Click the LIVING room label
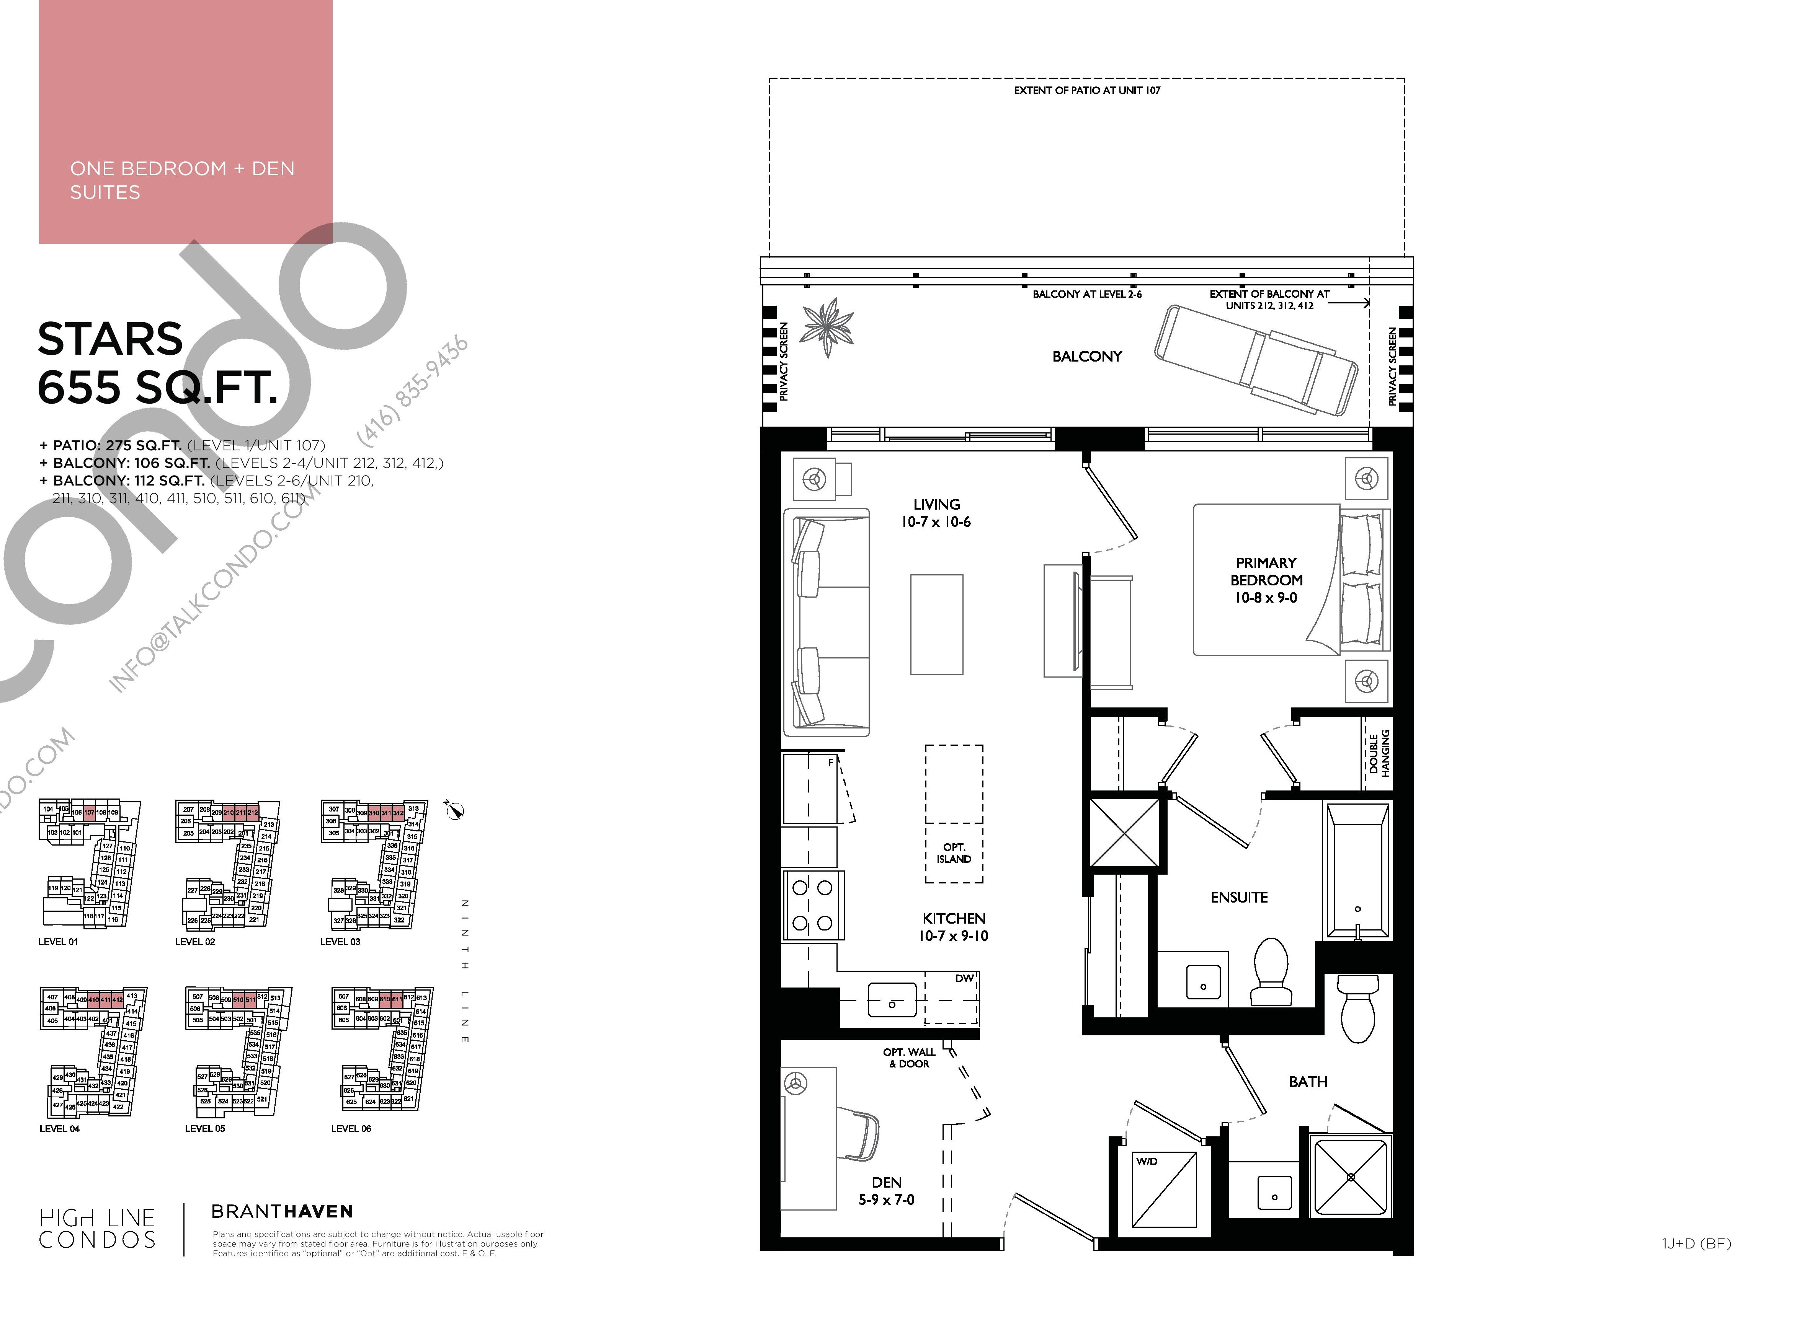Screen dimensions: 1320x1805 (x=936, y=505)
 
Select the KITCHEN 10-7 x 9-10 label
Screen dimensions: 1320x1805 (x=954, y=927)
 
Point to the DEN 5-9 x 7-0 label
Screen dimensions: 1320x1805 (x=887, y=1191)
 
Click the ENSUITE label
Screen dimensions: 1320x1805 (x=1239, y=897)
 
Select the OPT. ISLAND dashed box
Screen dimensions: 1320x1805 (x=954, y=813)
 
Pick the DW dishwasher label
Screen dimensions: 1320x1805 (x=964, y=978)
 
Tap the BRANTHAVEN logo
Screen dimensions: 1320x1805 (x=282, y=1211)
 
